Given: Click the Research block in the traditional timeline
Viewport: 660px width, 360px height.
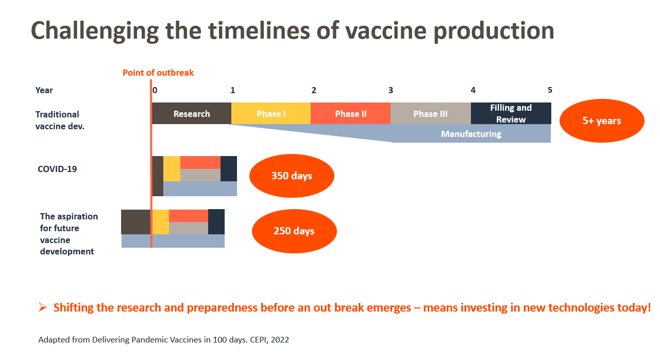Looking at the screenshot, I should coord(192,114).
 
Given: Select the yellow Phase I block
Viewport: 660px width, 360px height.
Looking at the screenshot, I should coord(271,114).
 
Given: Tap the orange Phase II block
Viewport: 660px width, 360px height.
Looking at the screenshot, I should coord(351,114).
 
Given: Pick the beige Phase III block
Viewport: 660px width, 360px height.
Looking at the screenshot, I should coord(430,114).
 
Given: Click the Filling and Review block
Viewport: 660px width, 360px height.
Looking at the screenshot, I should coord(511,114).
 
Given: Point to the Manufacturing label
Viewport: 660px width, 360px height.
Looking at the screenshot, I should coord(471,134).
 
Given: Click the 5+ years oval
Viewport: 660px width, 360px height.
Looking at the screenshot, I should coord(601,121).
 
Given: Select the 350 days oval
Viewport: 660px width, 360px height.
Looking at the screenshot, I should coord(292,176).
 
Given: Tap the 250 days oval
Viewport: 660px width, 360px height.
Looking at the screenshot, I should coord(294,231).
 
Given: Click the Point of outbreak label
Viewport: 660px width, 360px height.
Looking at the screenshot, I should coord(158,73).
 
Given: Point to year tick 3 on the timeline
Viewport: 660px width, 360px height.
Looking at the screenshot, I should coord(391,90).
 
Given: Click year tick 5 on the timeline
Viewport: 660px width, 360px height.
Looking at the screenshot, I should coord(550,90).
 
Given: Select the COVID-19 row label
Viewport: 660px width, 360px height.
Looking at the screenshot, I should coord(57,168).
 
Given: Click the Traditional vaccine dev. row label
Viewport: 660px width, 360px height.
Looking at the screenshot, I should coord(60,119).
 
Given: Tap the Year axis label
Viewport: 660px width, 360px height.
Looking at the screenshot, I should coord(44,90).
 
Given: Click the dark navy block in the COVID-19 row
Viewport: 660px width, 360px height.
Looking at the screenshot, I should coord(229,168).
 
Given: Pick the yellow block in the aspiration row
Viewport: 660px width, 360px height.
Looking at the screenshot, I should coord(161,222).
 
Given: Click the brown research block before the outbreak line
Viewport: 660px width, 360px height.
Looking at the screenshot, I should coord(136,222).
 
